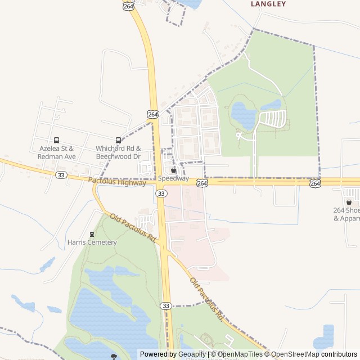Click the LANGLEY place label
tap(268, 4)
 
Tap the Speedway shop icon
tap(173, 170)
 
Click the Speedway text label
tap(173, 178)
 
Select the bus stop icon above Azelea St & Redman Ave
tap(56, 140)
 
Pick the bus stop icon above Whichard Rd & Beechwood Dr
tap(118, 140)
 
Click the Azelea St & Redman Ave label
tap(57, 152)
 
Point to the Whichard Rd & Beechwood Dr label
tap(118, 152)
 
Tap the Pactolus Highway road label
tap(117, 181)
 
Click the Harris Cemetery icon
tap(92, 234)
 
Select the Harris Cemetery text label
tap(92, 242)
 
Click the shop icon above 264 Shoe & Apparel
tap(349, 202)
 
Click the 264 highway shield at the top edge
tap(128, 6)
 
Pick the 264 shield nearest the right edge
tap(315, 183)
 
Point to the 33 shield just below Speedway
tap(162, 193)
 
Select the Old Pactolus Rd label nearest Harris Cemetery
tap(133, 227)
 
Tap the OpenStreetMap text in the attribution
tap(295, 354)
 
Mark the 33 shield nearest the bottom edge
tap(165, 305)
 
